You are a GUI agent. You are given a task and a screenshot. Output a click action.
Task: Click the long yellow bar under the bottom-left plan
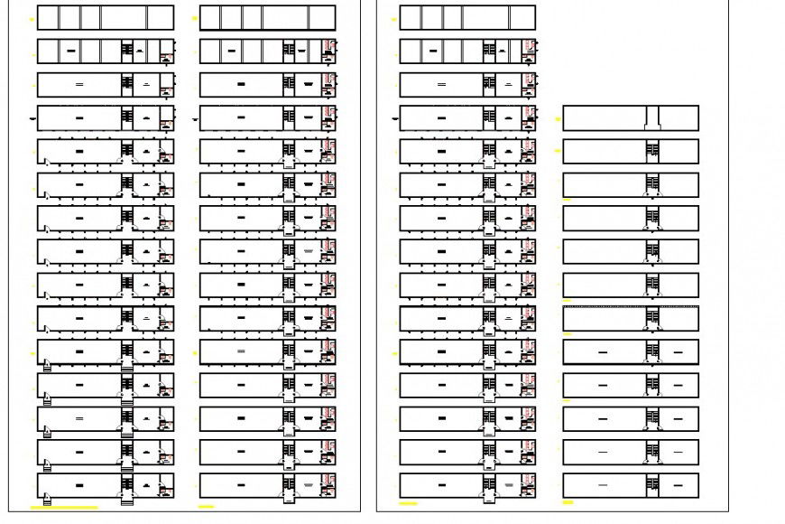coord(64,508)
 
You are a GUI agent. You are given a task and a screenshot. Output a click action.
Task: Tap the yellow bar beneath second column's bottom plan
coord(207,507)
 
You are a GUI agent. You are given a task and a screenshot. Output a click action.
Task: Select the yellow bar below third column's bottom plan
coord(409,503)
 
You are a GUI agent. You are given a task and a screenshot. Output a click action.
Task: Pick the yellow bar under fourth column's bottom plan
coord(568,502)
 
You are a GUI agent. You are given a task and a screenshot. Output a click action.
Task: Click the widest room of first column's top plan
coord(124,17)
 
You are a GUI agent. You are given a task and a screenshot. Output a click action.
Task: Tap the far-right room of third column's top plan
coord(522,17)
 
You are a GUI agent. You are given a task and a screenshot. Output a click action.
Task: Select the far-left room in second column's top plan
coord(209,17)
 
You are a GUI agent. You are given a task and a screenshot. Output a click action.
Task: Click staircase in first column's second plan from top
coord(126,51)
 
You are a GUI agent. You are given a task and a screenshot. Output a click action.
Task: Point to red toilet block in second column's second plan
coord(329,51)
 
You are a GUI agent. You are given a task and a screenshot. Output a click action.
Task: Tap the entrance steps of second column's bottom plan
coord(289,494)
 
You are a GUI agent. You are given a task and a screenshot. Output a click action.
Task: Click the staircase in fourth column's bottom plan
coord(651,485)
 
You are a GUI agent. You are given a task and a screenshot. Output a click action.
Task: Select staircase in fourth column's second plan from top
coord(651,151)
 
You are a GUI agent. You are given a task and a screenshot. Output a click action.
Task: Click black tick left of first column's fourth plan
coord(32,117)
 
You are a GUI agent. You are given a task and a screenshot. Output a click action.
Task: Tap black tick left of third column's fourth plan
coord(394,117)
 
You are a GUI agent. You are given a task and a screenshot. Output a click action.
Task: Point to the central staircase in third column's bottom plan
coord(488,485)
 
